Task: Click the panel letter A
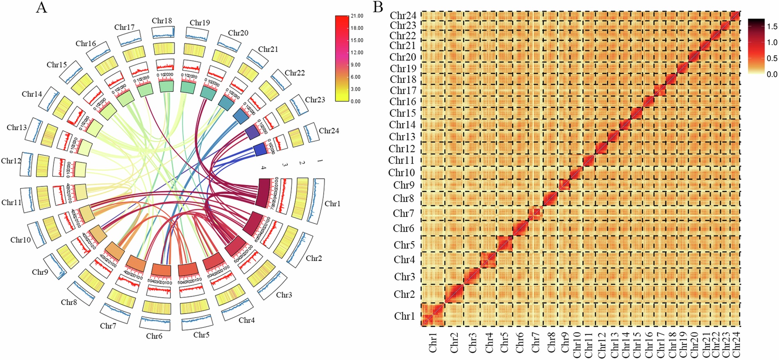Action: point(41,7)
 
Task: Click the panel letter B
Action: point(378,7)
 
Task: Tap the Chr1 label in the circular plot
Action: point(332,204)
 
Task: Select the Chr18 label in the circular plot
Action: point(162,21)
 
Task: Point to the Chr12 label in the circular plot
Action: point(11,161)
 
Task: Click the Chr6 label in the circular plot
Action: point(154,336)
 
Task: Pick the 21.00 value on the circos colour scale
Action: point(357,16)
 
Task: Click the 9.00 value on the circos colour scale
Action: point(355,65)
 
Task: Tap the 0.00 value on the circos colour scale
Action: point(355,101)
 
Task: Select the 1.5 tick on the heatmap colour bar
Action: point(772,27)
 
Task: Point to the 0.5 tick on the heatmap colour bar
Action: point(772,58)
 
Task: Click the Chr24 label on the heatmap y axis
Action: point(403,16)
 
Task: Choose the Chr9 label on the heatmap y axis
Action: point(404,185)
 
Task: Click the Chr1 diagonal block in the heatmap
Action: point(433,315)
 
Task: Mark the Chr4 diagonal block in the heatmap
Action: point(488,260)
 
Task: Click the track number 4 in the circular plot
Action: point(264,168)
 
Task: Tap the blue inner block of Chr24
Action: point(260,150)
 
